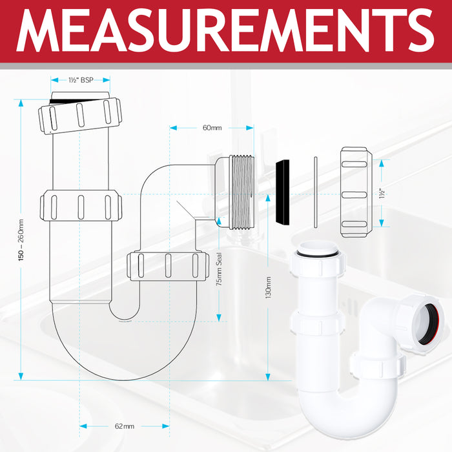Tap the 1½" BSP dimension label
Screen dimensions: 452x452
pyautogui.click(x=80, y=81)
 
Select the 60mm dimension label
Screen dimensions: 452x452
pyautogui.click(x=212, y=128)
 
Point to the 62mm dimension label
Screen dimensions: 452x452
pyautogui.click(x=125, y=426)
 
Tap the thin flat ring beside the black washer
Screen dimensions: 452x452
pyautogui.click(x=314, y=192)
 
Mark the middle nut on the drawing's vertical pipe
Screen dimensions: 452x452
pyautogui.click(x=81, y=206)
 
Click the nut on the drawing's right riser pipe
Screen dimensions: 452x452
pyautogui.click(x=167, y=265)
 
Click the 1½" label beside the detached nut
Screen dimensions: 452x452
pyautogui.click(x=383, y=192)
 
